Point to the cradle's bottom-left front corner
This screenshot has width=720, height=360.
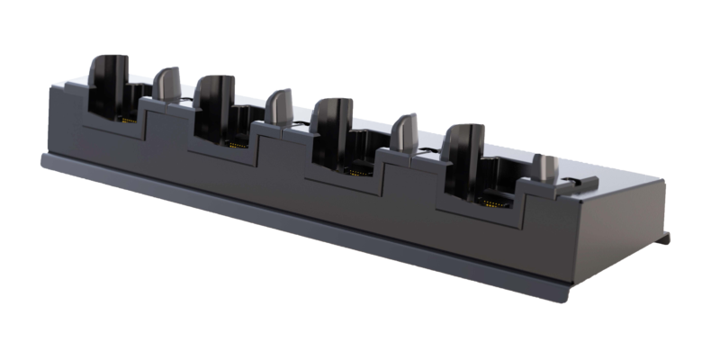[x=43, y=164]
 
